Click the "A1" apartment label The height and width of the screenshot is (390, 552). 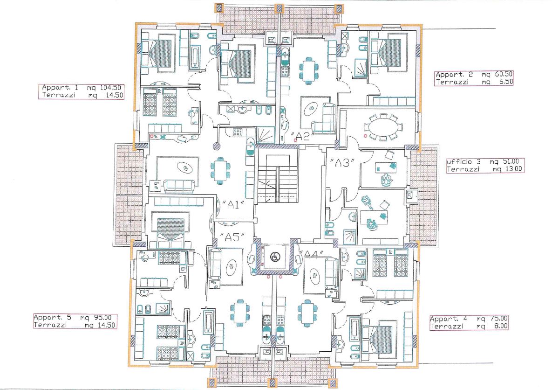(233, 205)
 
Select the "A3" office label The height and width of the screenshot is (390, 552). (342, 162)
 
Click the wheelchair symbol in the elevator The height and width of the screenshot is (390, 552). (274, 258)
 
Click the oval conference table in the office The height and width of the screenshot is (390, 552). (382, 126)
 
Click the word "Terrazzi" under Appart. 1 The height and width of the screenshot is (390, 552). (58, 95)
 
